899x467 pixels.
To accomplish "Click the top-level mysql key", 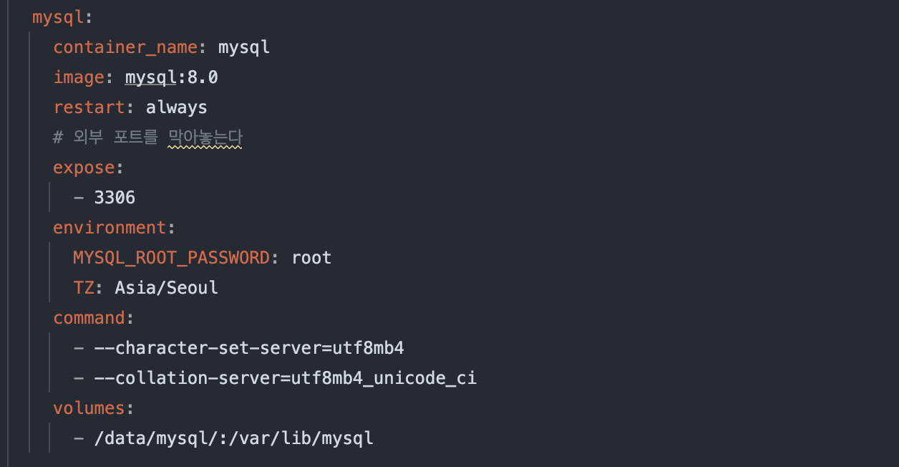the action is (57, 17).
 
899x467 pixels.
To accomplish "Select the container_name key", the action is (125, 47).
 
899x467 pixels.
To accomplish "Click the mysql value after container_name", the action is (243, 47).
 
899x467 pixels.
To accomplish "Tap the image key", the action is (78, 77).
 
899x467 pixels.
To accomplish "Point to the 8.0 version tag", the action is (203, 77).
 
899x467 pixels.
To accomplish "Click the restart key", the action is (88, 107).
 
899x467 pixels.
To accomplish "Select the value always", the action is (176, 107).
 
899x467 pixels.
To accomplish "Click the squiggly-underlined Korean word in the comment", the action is (205, 138).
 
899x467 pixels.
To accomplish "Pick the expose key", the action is (83, 168).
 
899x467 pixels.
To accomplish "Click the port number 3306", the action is (115, 198).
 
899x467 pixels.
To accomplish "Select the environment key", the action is (109, 228).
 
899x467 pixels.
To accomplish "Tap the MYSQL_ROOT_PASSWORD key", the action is (171, 258).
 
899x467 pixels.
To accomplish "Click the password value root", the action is (311, 258).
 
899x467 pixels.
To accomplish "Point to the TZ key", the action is (83, 288).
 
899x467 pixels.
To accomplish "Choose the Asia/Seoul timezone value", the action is (166, 288).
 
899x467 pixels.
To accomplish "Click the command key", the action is (88, 318).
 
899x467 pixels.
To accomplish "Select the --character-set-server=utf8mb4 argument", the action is (249, 348).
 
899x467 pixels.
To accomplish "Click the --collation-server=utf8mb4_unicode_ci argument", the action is (285, 378).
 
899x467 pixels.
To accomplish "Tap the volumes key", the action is (88, 408).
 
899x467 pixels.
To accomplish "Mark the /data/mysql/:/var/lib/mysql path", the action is (233, 438).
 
